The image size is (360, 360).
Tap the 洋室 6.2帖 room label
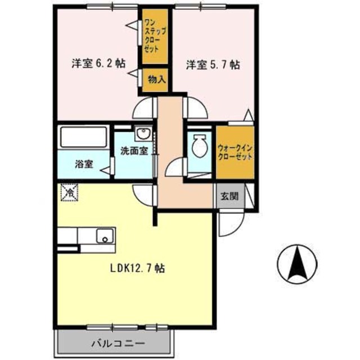(x=97, y=64)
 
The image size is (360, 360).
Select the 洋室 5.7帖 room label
(x=213, y=65)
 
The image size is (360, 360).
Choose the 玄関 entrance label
(x=229, y=196)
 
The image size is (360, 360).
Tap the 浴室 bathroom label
(x=84, y=166)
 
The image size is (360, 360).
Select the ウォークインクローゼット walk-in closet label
(x=235, y=152)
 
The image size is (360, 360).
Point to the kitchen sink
(x=105, y=235)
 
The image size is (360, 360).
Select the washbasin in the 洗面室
(x=142, y=135)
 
